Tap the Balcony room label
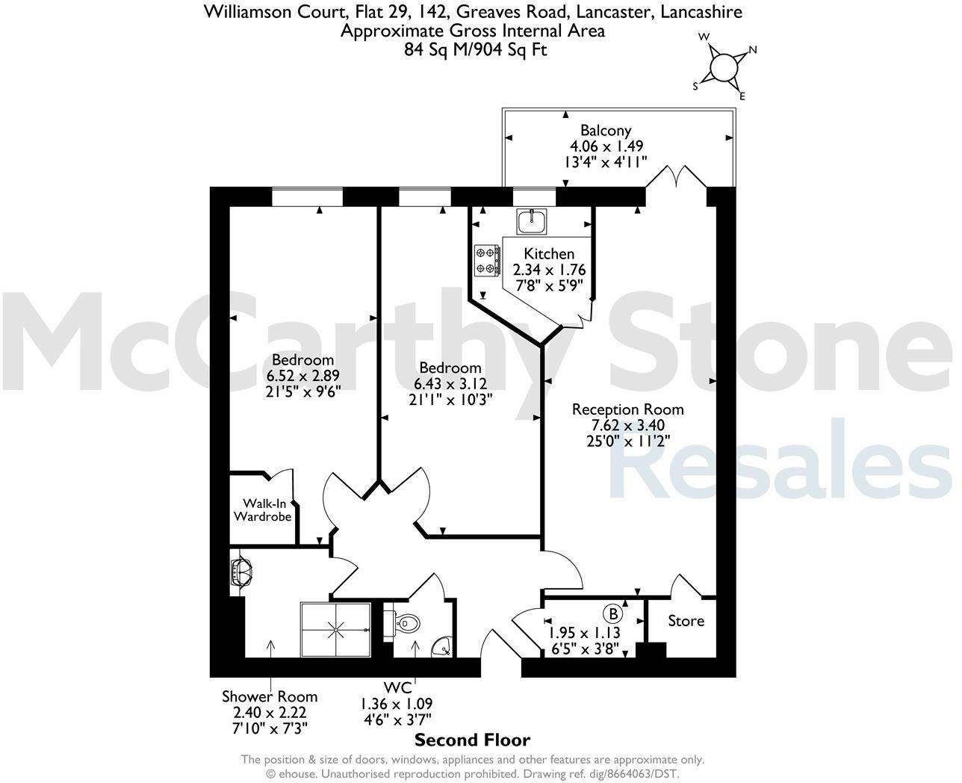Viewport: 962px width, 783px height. [x=606, y=130]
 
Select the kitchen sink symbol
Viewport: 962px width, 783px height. [x=532, y=220]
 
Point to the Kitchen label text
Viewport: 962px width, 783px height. [x=549, y=254]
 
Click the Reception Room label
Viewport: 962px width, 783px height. [x=627, y=409]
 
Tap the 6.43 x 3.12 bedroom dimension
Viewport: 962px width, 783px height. [x=450, y=384]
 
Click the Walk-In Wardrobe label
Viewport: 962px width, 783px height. [x=262, y=510]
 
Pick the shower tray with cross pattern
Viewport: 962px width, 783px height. [x=335, y=628]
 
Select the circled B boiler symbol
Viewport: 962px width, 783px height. [x=612, y=613]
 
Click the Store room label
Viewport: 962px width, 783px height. [x=686, y=621]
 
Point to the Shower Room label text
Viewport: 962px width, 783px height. [x=270, y=697]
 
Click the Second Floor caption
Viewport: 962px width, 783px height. [x=472, y=740]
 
